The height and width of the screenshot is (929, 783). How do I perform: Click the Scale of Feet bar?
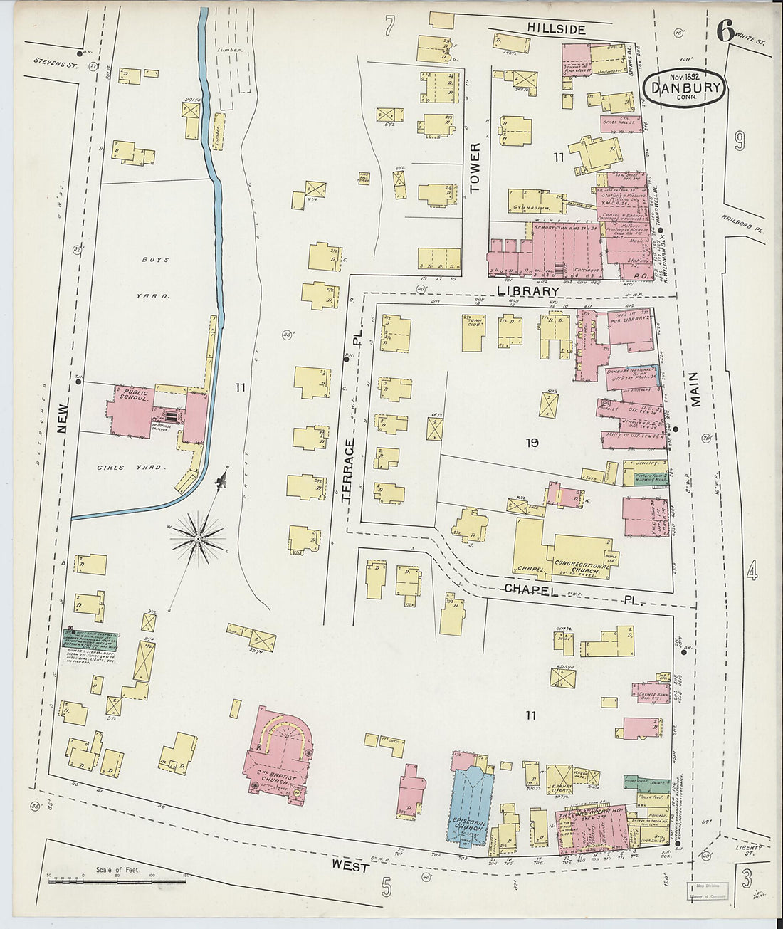click(117, 881)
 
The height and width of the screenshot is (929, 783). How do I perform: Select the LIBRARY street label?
click(527, 291)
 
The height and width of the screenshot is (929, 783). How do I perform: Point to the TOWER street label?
click(475, 169)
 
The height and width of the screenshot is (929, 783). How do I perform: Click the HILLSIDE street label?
click(556, 29)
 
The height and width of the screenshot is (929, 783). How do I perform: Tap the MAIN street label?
click(694, 389)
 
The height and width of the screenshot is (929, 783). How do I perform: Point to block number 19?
click(532, 443)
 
